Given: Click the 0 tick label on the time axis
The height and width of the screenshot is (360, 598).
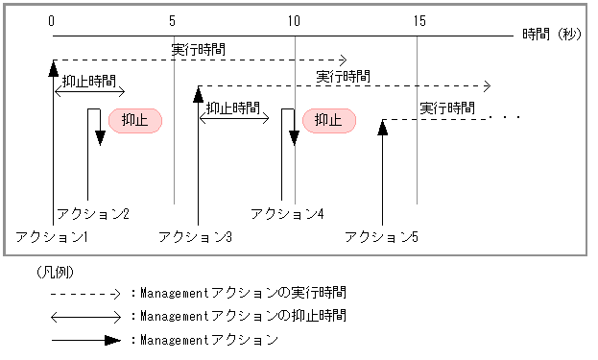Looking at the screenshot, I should coord(52,20).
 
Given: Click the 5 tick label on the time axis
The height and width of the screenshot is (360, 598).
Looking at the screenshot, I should coord(173,20).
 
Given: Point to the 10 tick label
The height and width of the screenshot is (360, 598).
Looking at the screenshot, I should coord(293,20).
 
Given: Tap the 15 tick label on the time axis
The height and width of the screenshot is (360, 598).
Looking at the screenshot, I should coord(418,20).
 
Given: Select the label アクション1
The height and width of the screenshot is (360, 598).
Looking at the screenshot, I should coord(53,236).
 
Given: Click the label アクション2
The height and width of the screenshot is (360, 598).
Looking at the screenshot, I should coord(93,213).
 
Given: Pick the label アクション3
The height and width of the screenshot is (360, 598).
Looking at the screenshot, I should coord(196,236).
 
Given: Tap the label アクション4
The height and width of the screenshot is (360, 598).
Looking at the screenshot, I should coord(287,213).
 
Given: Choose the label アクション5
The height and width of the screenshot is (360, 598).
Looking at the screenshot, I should coord(381,236).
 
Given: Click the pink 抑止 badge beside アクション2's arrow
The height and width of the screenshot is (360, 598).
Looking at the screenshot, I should coord(135,120).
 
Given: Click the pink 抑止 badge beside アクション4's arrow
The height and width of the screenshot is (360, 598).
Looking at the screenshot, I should coord(329,120).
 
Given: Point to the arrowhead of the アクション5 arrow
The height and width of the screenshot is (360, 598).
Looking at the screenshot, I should coord(382,127).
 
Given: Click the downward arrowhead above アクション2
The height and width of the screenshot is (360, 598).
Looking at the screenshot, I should coord(100,138).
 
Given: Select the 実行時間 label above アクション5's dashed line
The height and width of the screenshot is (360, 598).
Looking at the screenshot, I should coord(447,108).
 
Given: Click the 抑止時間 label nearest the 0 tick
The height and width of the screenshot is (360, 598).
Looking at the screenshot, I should coord(88,82).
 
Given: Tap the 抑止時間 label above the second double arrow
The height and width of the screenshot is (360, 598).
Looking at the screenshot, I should coord(233,108).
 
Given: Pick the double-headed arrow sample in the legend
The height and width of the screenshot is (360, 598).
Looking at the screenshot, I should coord(86,316).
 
